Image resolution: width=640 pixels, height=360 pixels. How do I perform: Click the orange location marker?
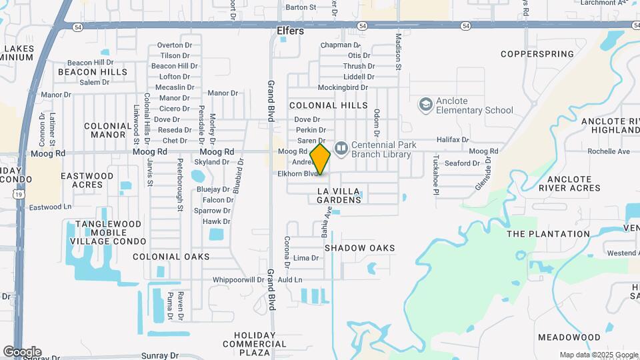[321, 159]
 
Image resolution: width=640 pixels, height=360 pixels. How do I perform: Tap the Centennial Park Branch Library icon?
[341, 147]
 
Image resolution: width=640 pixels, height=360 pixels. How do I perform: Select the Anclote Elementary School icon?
[425, 105]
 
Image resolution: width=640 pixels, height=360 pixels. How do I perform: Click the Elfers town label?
[290, 31]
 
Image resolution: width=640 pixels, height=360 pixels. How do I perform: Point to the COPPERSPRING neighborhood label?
[537, 54]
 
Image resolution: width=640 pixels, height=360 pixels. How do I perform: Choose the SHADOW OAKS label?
[359, 248]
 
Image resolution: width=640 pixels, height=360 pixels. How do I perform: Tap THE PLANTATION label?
[548, 234]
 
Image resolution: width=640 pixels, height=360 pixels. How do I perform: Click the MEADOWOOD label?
[569, 337]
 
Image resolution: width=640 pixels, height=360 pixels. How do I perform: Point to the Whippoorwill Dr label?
[238, 280]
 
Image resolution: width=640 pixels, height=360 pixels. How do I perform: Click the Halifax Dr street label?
[453, 141]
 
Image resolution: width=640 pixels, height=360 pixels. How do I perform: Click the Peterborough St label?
[180, 185]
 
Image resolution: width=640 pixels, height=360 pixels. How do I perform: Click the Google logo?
[22, 351]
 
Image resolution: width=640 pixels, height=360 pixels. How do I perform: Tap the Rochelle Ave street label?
[609, 151]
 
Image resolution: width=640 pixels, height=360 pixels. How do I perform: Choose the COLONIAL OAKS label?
[171, 257]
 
